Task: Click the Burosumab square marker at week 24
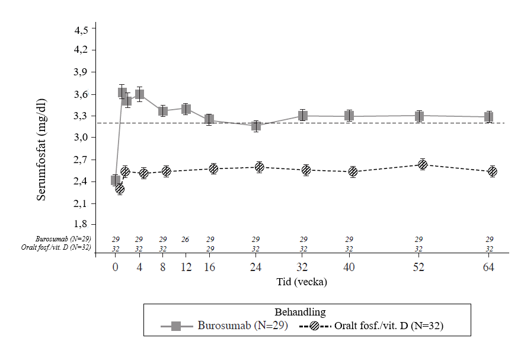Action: [255, 126]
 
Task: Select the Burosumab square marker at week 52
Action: [419, 116]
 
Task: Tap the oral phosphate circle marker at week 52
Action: [422, 164]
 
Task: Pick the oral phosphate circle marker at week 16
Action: [213, 169]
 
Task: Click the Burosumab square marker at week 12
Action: [186, 109]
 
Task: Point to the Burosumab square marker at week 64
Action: [488, 116]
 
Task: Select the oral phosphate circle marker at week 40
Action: [353, 172]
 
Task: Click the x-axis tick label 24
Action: [255, 267]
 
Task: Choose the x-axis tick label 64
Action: [488, 267]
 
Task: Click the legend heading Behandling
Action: [300, 312]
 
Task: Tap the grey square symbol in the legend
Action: [175, 326]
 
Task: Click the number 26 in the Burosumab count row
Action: [186, 239]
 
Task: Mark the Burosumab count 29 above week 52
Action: [419, 239]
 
